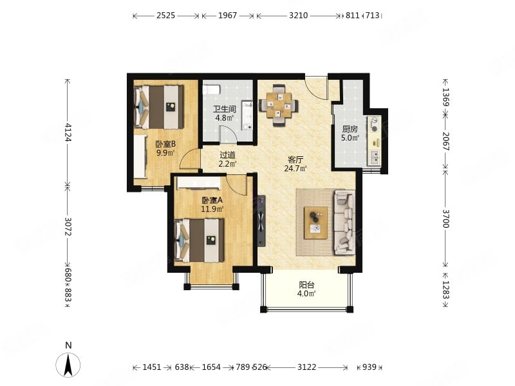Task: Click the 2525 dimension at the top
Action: (165, 15)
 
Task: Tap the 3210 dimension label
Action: (298, 15)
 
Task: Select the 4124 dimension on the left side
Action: (68, 132)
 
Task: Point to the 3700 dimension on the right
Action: (445, 219)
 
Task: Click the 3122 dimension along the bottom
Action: (307, 367)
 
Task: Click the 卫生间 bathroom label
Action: (224, 109)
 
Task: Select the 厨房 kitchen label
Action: (350, 129)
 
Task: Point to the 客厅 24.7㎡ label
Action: (295, 164)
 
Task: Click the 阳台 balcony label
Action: (306, 285)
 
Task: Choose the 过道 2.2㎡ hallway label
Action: (228, 159)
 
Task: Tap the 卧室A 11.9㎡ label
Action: (212, 204)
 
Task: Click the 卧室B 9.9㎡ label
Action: (165, 148)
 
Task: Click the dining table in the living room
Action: (279, 105)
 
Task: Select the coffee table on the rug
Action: (315, 223)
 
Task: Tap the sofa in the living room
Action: (344, 222)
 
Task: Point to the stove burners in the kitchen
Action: (374, 125)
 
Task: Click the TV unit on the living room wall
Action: (261, 221)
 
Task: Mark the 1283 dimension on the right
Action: (445, 289)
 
